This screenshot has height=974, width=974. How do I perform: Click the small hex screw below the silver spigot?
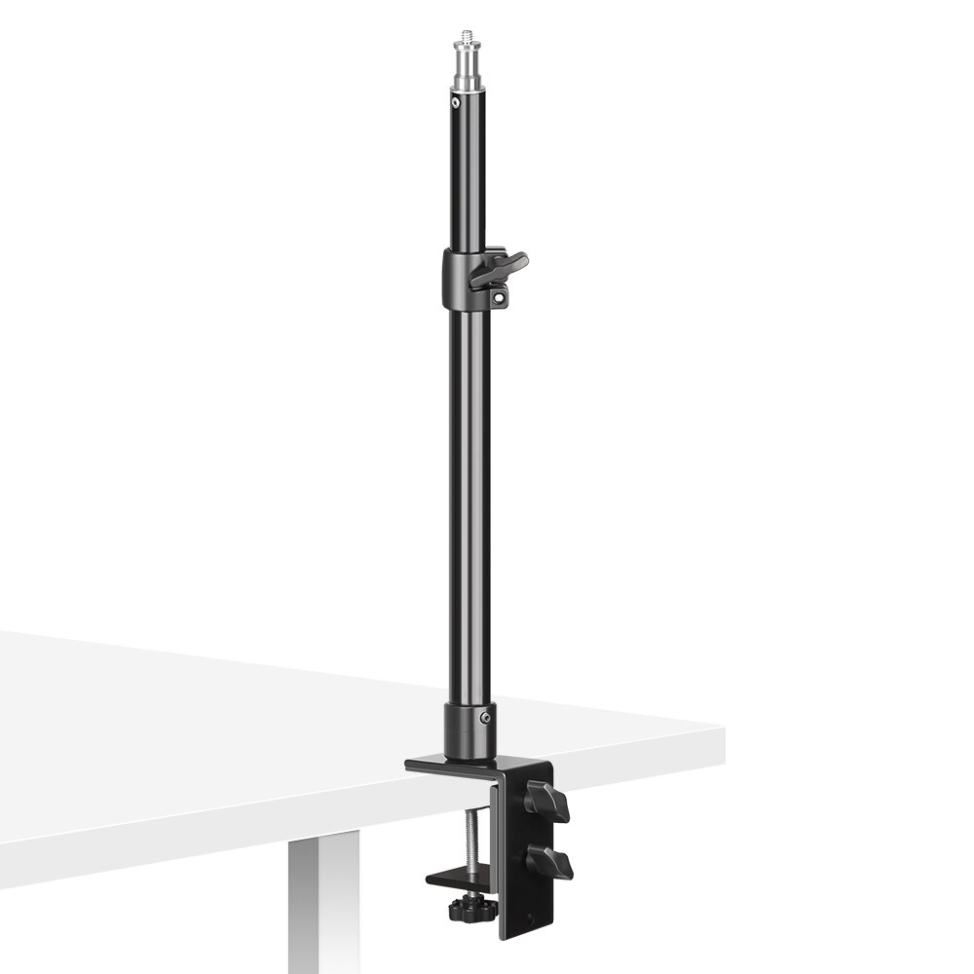(x=455, y=100)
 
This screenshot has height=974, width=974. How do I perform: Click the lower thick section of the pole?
(x=469, y=487)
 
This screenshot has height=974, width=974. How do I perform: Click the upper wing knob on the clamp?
(x=547, y=802)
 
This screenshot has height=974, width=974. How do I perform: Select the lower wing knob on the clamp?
(x=550, y=863)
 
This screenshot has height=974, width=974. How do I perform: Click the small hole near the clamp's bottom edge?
(x=529, y=918)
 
